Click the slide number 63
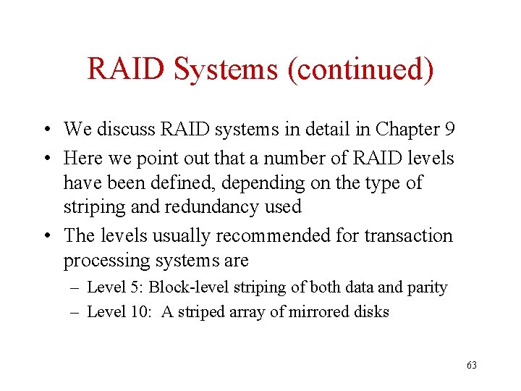(x=472, y=366)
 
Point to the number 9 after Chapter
(x=450, y=130)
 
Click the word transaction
(x=408, y=235)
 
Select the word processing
(x=106, y=261)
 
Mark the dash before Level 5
(x=76, y=287)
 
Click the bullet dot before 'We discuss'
(x=46, y=130)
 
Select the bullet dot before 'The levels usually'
(x=46, y=236)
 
